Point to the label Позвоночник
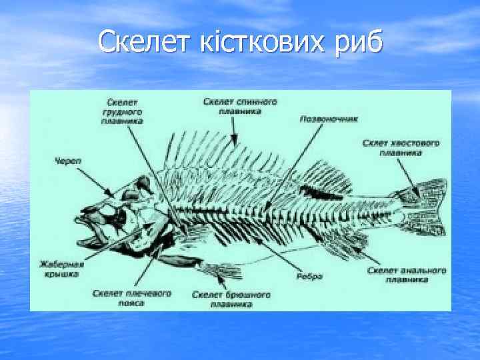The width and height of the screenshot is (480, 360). point(329,120)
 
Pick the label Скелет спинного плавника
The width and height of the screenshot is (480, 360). point(240,107)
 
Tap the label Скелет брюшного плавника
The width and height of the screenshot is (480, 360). point(231,299)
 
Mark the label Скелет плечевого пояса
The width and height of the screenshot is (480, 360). point(132,297)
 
